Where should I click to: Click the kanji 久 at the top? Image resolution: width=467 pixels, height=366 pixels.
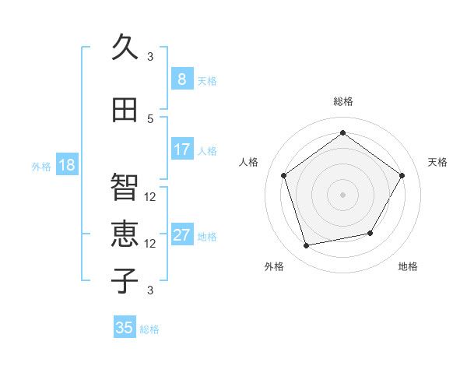[x=125, y=48]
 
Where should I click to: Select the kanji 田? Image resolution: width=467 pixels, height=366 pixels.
[x=125, y=110]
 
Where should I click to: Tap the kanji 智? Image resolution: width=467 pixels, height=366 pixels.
[x=125, y=188]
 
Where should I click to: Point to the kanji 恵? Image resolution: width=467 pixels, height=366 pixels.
[x=125, y=234]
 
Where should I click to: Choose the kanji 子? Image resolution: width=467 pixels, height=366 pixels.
[x=125, y=280]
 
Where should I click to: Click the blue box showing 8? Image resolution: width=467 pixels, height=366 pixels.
[x=181, y=79]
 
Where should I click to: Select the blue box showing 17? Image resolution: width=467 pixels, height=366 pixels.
[x=181, y=150]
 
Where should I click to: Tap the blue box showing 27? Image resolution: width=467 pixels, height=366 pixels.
[x=181, y=235]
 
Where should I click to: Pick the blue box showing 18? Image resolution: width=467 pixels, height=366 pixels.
[x=66, y=165]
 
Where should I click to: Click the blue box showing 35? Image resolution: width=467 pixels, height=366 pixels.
[x=125, y=328]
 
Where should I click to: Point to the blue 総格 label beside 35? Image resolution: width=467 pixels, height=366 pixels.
[x=149, y=329]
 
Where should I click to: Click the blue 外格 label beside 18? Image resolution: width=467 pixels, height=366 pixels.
[x=40, y=166]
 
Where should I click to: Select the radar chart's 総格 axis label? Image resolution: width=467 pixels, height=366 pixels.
[x=342, y=101]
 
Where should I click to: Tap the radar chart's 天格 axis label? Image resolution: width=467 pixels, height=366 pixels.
[x=437, y=162]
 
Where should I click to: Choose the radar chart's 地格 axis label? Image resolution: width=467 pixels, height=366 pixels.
[x=408, y=266]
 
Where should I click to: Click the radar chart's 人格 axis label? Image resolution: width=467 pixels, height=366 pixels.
[x=249, y=162]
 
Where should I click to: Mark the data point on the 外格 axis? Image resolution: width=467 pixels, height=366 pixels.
[x=307, y=246]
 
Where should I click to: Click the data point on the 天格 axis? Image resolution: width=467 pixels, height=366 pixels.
[x=402, y=175]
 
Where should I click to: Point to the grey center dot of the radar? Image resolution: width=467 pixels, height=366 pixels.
[x=342, y=194]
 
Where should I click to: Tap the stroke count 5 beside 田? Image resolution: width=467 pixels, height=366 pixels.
[x=150, y=118]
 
